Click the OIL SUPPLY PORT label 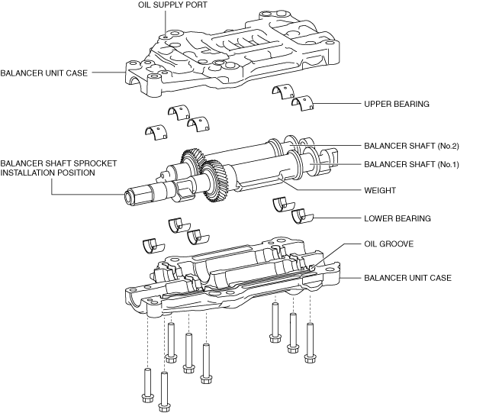[172, 5]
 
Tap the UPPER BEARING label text [397, 104]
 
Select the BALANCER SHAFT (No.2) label [411, 146]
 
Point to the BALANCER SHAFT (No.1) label [411, 164]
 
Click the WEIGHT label [380, 190]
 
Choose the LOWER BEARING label [397, 218]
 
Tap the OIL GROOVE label [388, 244]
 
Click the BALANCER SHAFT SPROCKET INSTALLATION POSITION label [59, 168]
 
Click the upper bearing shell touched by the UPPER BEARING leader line [302, 103]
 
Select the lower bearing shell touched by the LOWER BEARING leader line [302, 216]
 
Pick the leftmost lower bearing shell [153, 246]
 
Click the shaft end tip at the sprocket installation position [128, 197]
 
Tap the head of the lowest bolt [164, 406]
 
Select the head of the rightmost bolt [310, 358]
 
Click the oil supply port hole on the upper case [166, 37]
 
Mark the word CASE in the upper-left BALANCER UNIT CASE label [78, 73]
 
